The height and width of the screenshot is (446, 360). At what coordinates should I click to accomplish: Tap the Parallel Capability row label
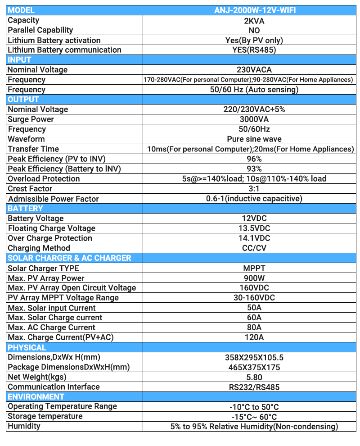[40, 30]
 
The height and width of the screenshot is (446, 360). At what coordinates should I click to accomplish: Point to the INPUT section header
[19, 60]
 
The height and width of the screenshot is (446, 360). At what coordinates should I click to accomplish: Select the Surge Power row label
[31, 119]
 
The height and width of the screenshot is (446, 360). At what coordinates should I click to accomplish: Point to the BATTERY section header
[25, 209]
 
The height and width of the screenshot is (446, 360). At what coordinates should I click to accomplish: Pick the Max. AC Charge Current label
[51, 328]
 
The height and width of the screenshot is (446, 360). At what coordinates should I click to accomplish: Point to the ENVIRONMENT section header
[36, 397]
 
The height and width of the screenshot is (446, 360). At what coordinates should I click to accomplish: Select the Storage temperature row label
[45, 416]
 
